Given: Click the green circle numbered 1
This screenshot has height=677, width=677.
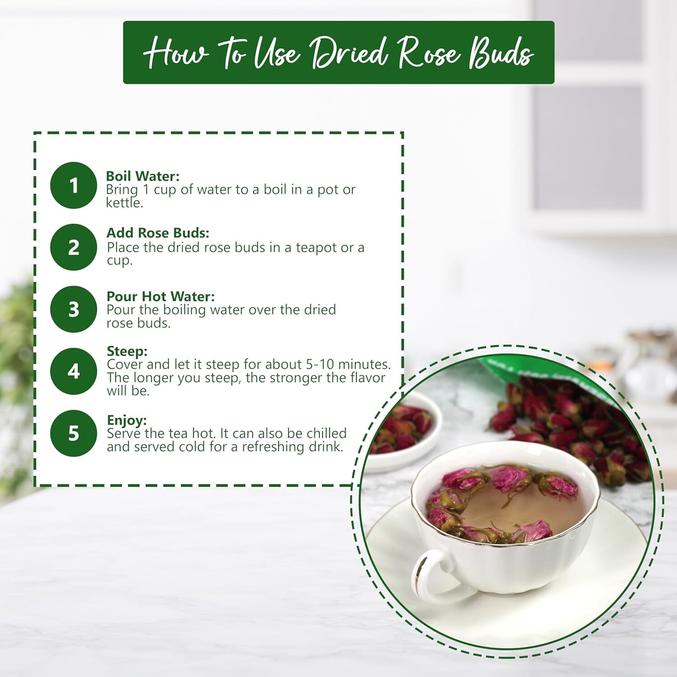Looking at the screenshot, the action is pyautogui.click(x=74, y=185).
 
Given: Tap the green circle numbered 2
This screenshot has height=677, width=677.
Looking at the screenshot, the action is pyautogui.click(x=74, y=247).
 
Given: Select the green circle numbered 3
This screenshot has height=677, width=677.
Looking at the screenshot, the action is pyautogui.click(x=74, y=309).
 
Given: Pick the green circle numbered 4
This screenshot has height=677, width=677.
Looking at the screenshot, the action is pyautogui.click(x=74, y=371).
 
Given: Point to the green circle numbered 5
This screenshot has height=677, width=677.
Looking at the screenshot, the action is pyautogui.click(x=74, y=433).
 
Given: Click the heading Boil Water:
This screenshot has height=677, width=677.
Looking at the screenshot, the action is pyautogui.click(x=143, y=176).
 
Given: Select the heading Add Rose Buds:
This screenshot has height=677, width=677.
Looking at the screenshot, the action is pyautogui.click(x=158, y=233).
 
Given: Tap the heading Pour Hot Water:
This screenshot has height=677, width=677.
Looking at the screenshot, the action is pyautogui.click(x=161, y=297).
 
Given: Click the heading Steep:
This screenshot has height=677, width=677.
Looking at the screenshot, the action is pyautogui.click(x=127, y=352).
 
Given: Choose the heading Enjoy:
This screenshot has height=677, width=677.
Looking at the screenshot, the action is pyautogui.click(x=127, y=421).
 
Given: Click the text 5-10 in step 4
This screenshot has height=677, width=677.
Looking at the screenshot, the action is pyautogui.click(x=312, y=364).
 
